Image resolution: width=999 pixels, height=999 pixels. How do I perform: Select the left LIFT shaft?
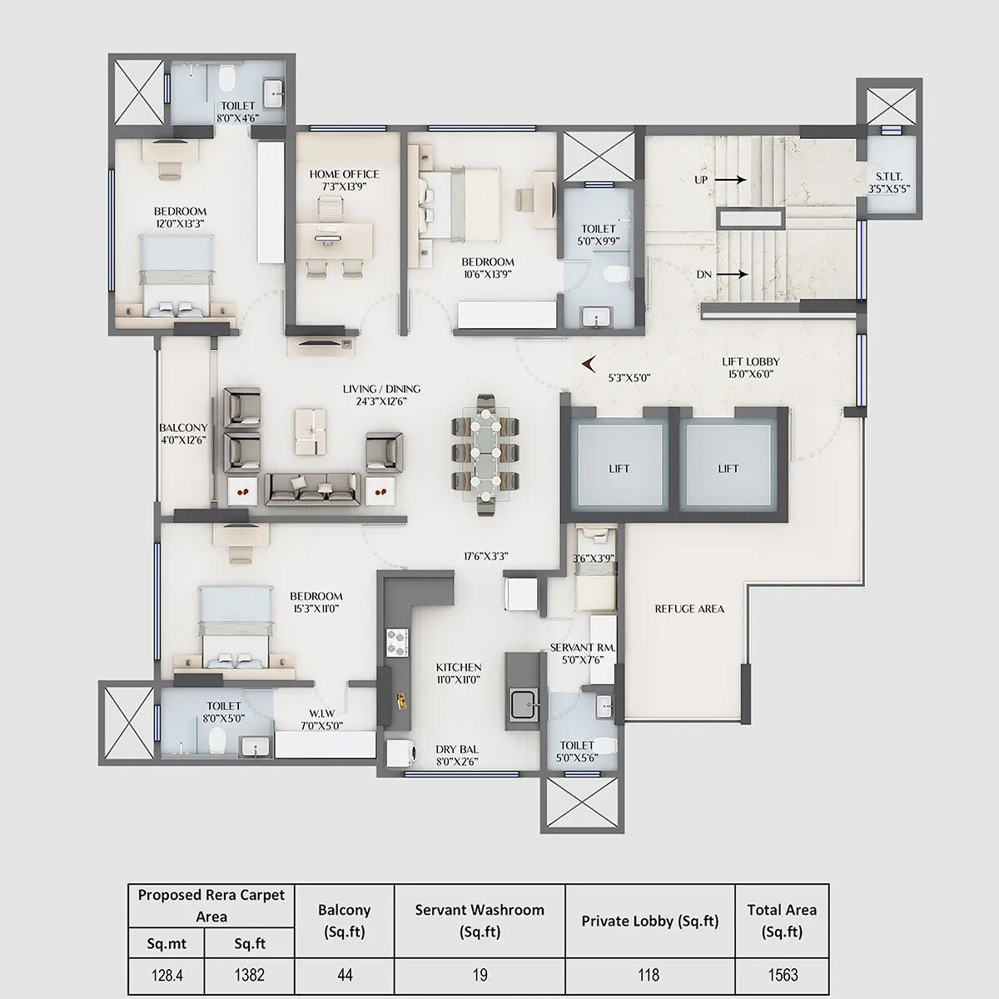pos(619,468)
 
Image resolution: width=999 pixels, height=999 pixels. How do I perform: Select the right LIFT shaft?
pos(728,468)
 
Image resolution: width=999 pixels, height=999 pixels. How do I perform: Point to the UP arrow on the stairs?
pos(728,179)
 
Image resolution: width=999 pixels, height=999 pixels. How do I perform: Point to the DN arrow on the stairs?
pos(728,274)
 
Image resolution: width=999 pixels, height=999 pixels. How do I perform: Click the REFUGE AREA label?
pos(689,609)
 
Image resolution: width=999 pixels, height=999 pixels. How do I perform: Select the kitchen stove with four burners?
pos(397,642)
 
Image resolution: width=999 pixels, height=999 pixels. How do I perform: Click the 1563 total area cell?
pos(782,975)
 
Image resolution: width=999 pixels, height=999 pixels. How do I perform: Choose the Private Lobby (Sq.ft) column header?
pos(649,921)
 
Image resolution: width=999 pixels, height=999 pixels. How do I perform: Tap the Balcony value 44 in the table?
pos(345,975)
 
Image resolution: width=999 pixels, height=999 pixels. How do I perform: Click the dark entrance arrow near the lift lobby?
pos(590,363)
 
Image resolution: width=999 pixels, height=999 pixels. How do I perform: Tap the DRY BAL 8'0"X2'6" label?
pos(457,754)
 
